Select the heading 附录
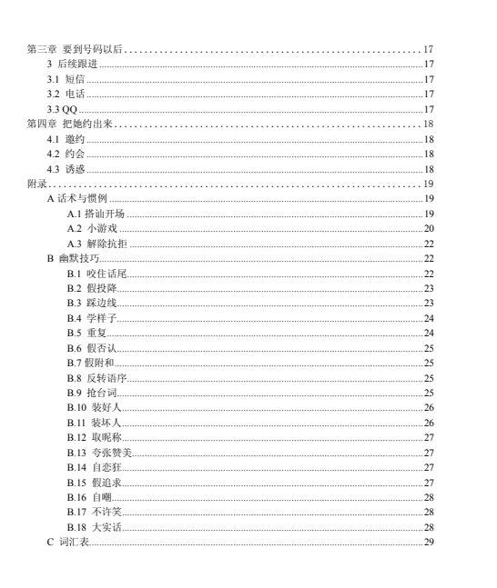[36, 184]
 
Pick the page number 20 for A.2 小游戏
[429, 228]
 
